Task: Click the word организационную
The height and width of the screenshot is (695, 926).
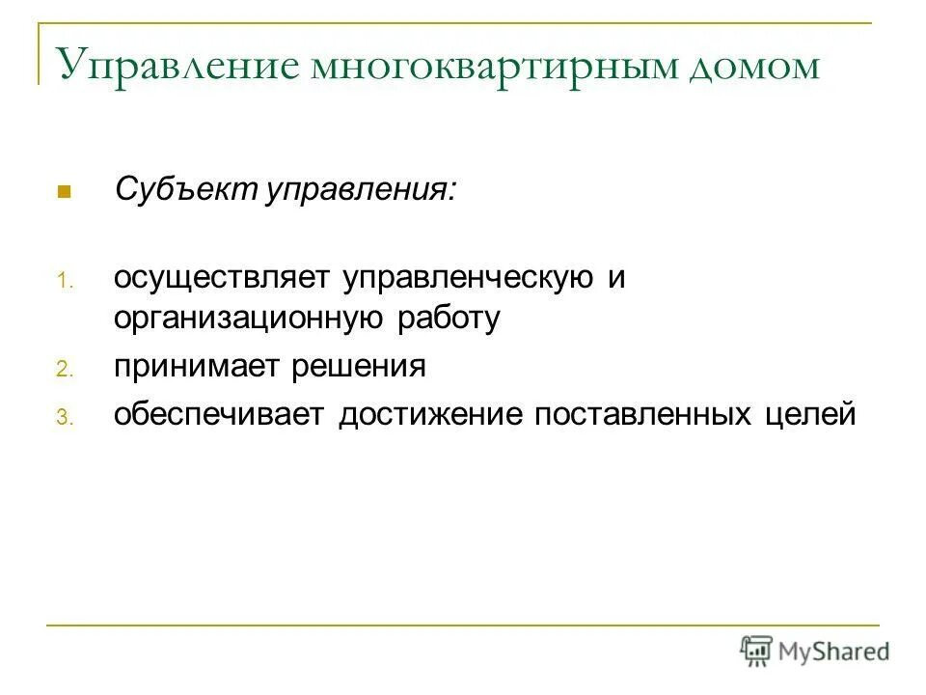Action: pyautogui.click(x=250, y=320)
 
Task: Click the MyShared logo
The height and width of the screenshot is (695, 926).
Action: pyautogui.click(x=814, y=651)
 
